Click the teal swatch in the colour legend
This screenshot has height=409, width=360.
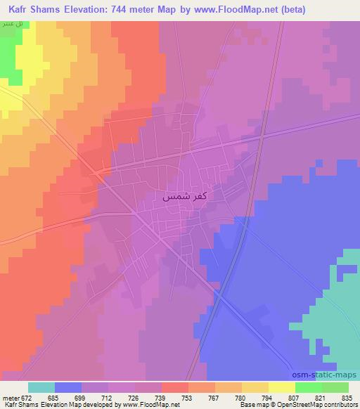41,387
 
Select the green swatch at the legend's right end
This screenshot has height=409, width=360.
335,387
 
